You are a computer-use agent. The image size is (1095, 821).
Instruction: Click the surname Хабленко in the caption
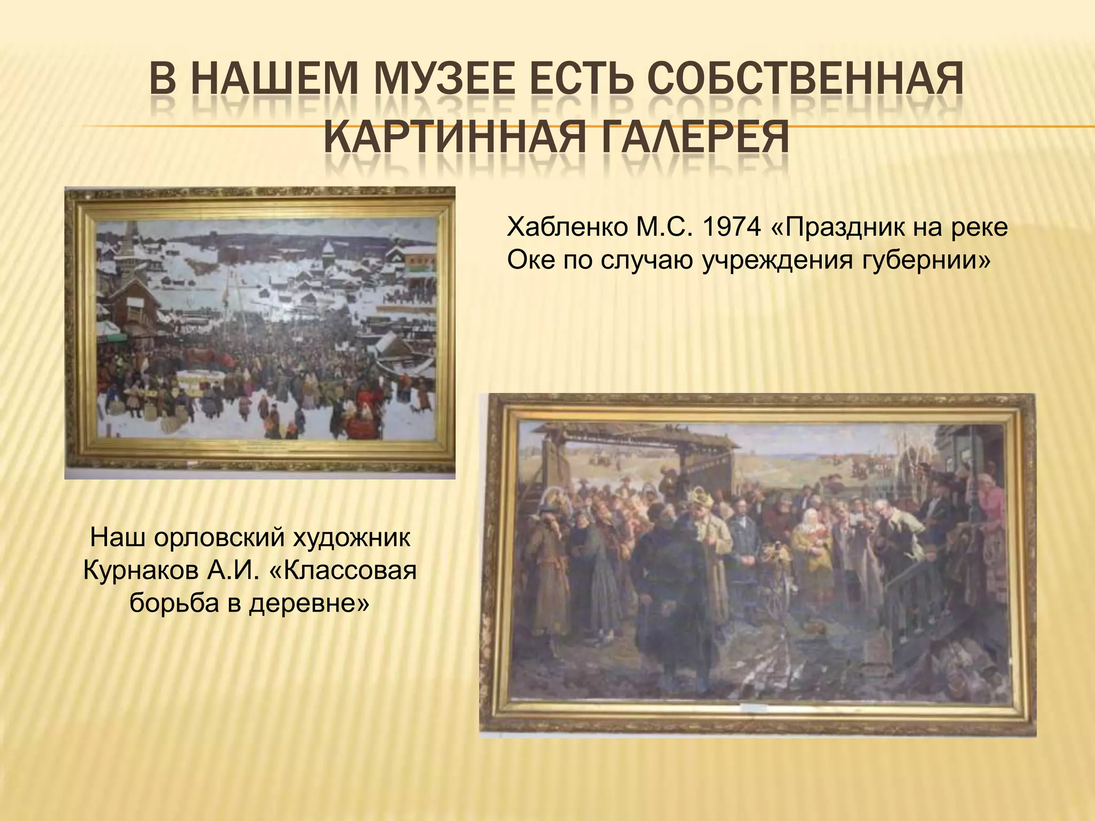pos(568,228)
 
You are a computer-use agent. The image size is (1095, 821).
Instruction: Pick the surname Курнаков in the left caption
pos(141,570)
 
